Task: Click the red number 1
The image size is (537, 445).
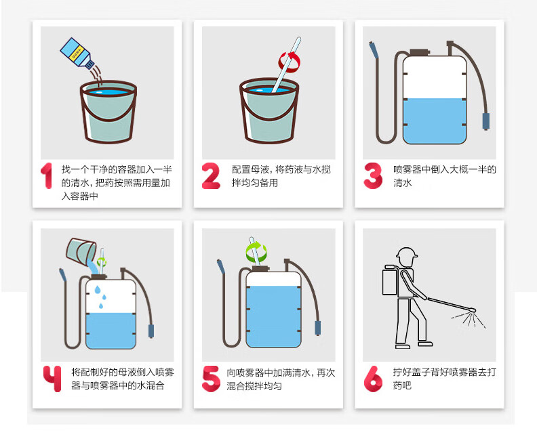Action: [47, 175]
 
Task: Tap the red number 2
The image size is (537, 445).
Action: [211, 176]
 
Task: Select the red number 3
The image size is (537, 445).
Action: [373, 176]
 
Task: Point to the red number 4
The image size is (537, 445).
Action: [52, 378]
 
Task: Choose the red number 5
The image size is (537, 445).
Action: [211, 379]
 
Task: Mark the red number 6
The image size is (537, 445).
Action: [373, 379]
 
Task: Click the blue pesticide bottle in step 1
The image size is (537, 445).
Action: [77, 53]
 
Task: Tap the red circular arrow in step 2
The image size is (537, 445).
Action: [290, 62]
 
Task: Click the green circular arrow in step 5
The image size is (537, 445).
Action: [256, 252]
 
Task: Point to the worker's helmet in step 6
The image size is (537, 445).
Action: [407, 253]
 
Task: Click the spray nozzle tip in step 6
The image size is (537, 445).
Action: [473, 311]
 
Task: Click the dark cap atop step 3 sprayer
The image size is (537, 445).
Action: [420, 52]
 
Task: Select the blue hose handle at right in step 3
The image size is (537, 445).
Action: [485, 121]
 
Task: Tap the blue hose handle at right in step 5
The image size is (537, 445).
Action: [318, 328]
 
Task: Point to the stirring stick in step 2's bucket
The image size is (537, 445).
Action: [286, 65]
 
